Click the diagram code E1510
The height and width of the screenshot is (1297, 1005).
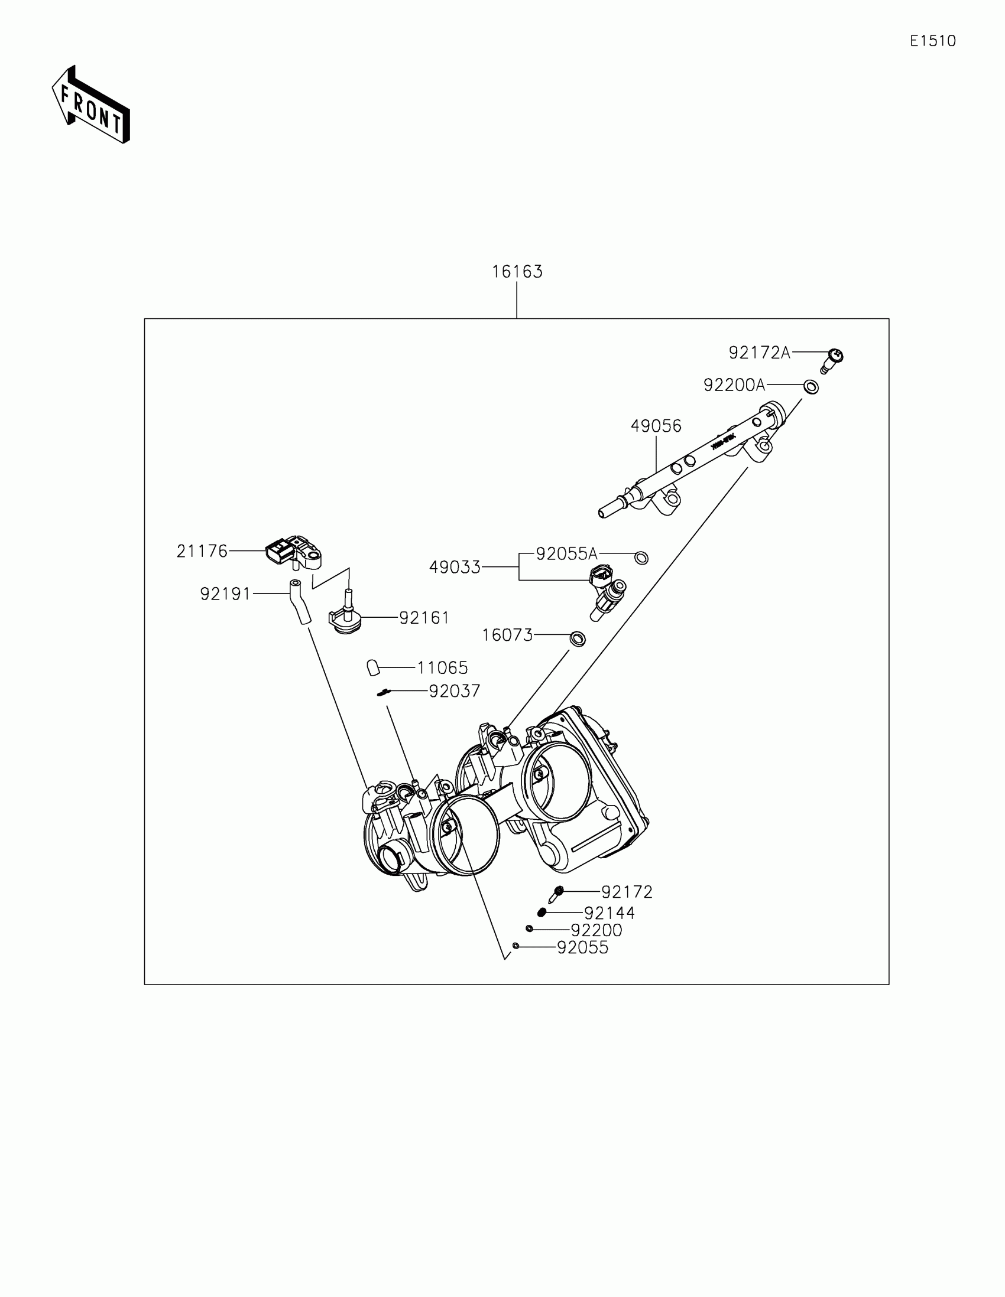(932, 41)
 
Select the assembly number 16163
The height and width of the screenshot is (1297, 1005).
(517, 272)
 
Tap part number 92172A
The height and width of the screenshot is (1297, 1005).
(760, 353)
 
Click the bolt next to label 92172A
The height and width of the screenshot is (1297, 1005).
(833, 360)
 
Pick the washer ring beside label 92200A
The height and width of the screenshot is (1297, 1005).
(811, 387)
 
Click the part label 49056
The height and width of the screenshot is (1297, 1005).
(656, 426)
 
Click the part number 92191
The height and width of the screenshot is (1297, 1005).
(225, 593)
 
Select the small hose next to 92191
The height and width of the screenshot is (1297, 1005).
(300, 602)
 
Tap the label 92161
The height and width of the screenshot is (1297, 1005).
(424, 618)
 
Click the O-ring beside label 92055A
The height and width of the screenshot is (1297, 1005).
(641, 558)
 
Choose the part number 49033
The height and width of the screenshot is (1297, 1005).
(455, 567)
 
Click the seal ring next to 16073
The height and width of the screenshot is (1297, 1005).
(577, 638)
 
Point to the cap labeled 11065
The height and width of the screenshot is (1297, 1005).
(373, 667)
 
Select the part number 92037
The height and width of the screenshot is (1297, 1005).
(455, 690)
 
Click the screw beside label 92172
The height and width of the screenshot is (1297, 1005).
(556, 893)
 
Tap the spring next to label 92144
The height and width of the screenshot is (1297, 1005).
(542, 912)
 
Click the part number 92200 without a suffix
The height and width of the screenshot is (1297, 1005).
(596, 930)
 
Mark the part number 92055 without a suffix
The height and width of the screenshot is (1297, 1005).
(582, 947)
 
